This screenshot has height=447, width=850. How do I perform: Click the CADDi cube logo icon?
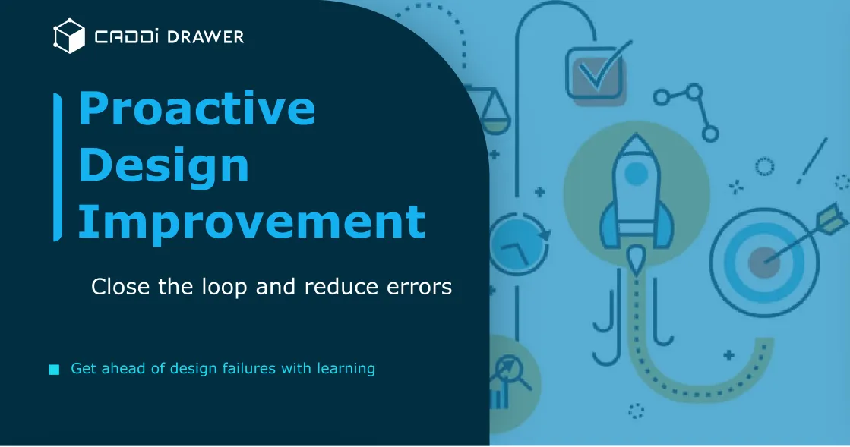point(68,36)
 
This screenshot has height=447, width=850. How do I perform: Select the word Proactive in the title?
point(197,108)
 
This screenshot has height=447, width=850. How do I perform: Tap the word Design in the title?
point(163,165)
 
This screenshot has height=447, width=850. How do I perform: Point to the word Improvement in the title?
point(251,222)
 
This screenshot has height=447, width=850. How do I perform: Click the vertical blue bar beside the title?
point(58,167)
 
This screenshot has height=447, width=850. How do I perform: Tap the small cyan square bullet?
point(54,370)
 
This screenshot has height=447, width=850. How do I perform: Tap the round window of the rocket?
point(636,174)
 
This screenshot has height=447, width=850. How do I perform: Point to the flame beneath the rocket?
point(636,259)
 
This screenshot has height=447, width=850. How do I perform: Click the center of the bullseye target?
point(763,263)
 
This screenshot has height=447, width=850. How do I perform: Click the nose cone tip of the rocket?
point(636,140)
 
